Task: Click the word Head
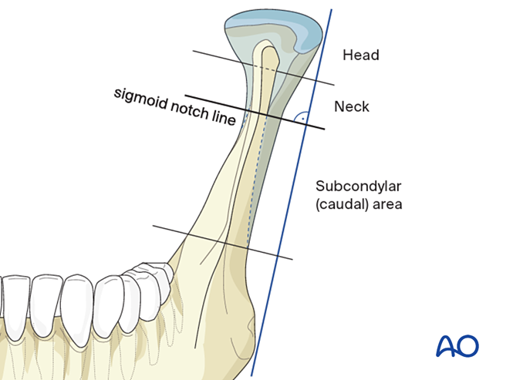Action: coord(361,55)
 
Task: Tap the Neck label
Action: coord(351,107)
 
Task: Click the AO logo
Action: coord(457,346)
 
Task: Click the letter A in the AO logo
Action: coord(447,346)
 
